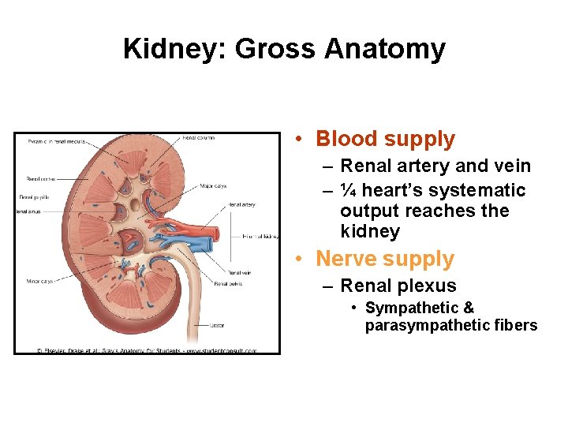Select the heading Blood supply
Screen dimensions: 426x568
385,140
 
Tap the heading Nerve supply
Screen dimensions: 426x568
385,260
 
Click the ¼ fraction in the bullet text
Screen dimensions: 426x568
348,191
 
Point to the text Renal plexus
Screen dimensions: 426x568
398,286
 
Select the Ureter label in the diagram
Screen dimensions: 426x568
219,325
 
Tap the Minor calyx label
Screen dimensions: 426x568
38,281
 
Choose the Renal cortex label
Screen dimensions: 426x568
40,178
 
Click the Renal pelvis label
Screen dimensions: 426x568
228,282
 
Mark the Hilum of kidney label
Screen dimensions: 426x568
260,236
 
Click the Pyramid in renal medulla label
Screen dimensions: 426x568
55,142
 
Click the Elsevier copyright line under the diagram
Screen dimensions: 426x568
146,350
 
